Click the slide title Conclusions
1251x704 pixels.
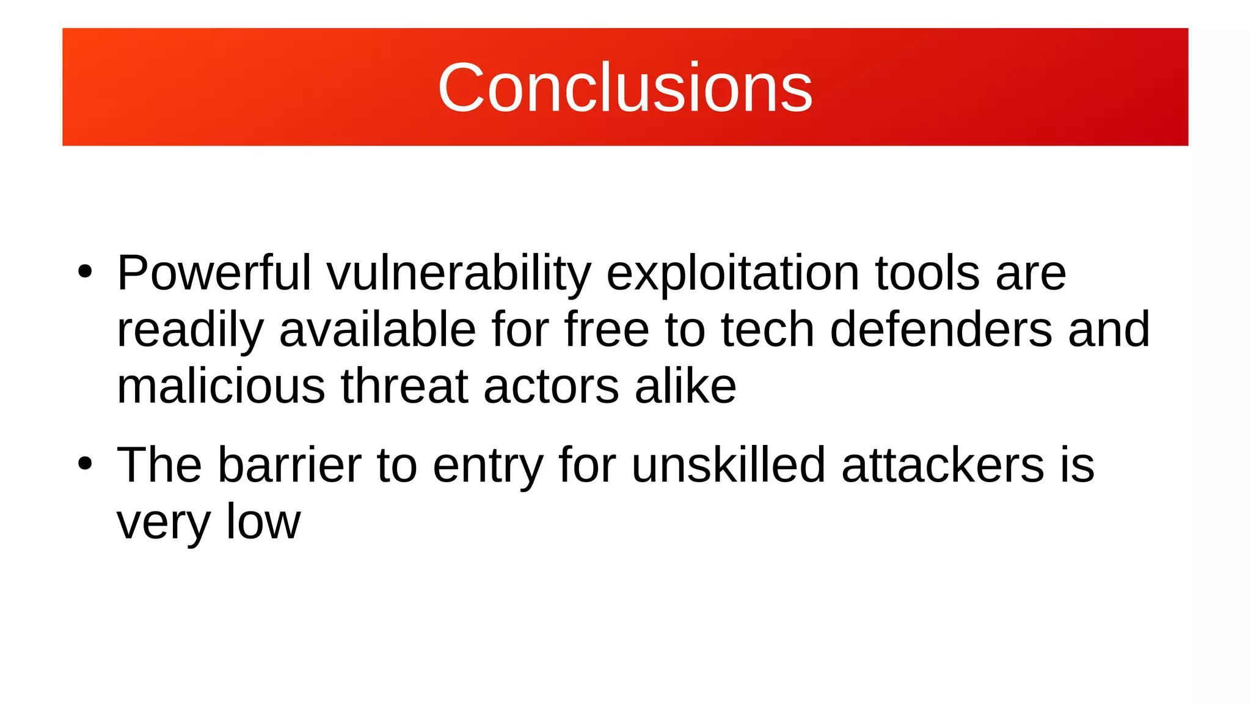pyautogui.click(x=625, y=88)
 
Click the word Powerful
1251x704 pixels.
pyautogui.click(x=214, y=273)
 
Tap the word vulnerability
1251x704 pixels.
pyautogui.click(x=459, y=273)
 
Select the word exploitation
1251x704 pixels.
pyautogui.click(x=733, y=273)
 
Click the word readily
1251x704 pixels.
pyautogui.click(x=190, y=330)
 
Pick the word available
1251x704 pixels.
pyautogui.click(x=377, y=330)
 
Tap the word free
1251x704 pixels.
pyautogui.click(x=606, y=330)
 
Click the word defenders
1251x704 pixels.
pyautogui.click(x=941, y=330)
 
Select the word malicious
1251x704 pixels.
pyautogui.click(x=221, y=387)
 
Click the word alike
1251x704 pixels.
pyautogui.click(x=685, y=387)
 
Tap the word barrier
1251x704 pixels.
pyautogui.click(x=290, y=466)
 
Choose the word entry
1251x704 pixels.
pyautogui.click(x=487, y=466)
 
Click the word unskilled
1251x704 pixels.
pyautogui.click(x=728, y=466)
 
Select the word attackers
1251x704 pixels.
pyautogui.click(x=943, y=466)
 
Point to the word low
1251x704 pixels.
pyautogui.click(x=263, y=522)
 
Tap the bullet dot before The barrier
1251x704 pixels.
pyautogui.click(x=85, y=464)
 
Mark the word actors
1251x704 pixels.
pyautogui.click(x=551, y=387)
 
